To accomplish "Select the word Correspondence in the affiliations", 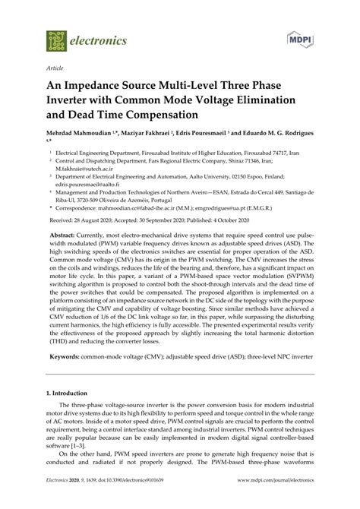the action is point(79,205).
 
